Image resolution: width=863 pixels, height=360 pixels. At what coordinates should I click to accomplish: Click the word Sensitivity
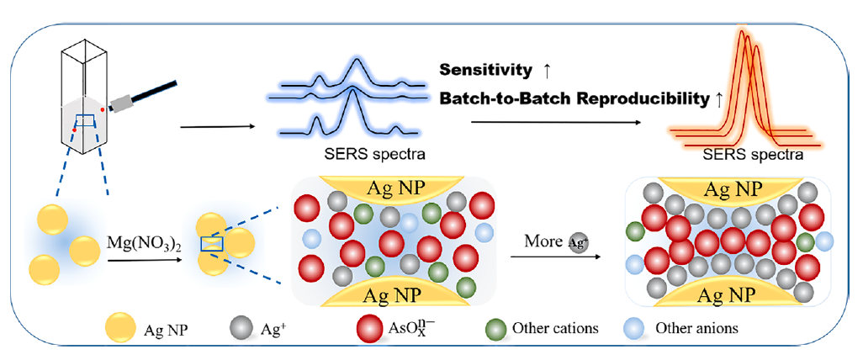[x=484, y=71]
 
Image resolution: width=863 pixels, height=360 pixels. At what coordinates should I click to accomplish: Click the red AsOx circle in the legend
[x=372, y=328]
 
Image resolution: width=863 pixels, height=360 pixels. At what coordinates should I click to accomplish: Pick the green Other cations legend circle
[x=496, y=328]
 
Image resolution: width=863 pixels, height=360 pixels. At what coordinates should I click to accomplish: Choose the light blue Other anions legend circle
[x=637, y=328]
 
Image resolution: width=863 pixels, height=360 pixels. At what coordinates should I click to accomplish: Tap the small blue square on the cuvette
[x=83, y=121]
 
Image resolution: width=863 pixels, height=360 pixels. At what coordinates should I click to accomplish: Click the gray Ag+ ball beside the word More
[x=578, y=241]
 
